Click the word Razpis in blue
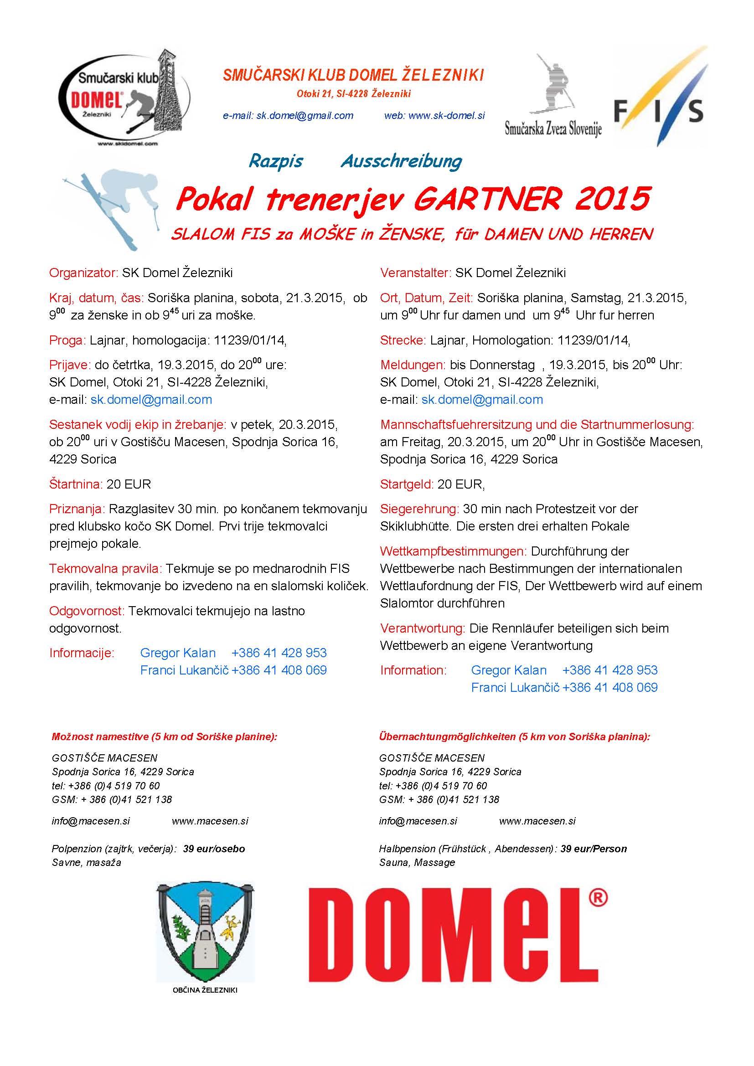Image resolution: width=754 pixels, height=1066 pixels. pos(276,161)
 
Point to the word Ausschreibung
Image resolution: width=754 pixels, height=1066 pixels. pos(402,161)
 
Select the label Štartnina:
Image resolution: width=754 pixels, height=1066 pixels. pos(76,484)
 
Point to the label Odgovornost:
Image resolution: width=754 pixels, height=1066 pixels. pos(87,611)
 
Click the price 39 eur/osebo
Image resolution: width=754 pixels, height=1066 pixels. pos(214,849)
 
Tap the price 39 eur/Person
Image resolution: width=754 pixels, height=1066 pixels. pos(594,849)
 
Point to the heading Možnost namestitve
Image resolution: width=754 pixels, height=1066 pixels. pos(100,737)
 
